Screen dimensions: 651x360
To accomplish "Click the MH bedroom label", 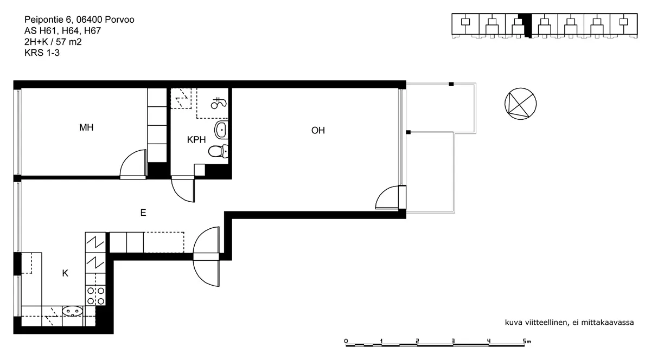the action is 86,127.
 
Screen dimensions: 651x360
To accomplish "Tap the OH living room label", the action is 318,131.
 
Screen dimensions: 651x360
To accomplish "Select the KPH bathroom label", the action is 196,140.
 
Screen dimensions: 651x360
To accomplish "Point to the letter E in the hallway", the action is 143,213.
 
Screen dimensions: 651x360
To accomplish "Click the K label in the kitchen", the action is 65,273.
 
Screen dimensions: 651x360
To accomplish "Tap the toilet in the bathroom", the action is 218,151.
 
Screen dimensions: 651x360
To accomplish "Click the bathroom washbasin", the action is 221,130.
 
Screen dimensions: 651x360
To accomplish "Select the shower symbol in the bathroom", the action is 219,103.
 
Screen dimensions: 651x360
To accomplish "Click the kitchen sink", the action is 72,311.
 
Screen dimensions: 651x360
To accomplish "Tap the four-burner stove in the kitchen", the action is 95,295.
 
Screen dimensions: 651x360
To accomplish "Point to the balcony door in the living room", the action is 390,197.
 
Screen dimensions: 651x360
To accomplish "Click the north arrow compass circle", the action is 520,104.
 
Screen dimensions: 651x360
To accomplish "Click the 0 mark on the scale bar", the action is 346,341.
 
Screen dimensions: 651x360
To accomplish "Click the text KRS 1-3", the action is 42,53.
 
